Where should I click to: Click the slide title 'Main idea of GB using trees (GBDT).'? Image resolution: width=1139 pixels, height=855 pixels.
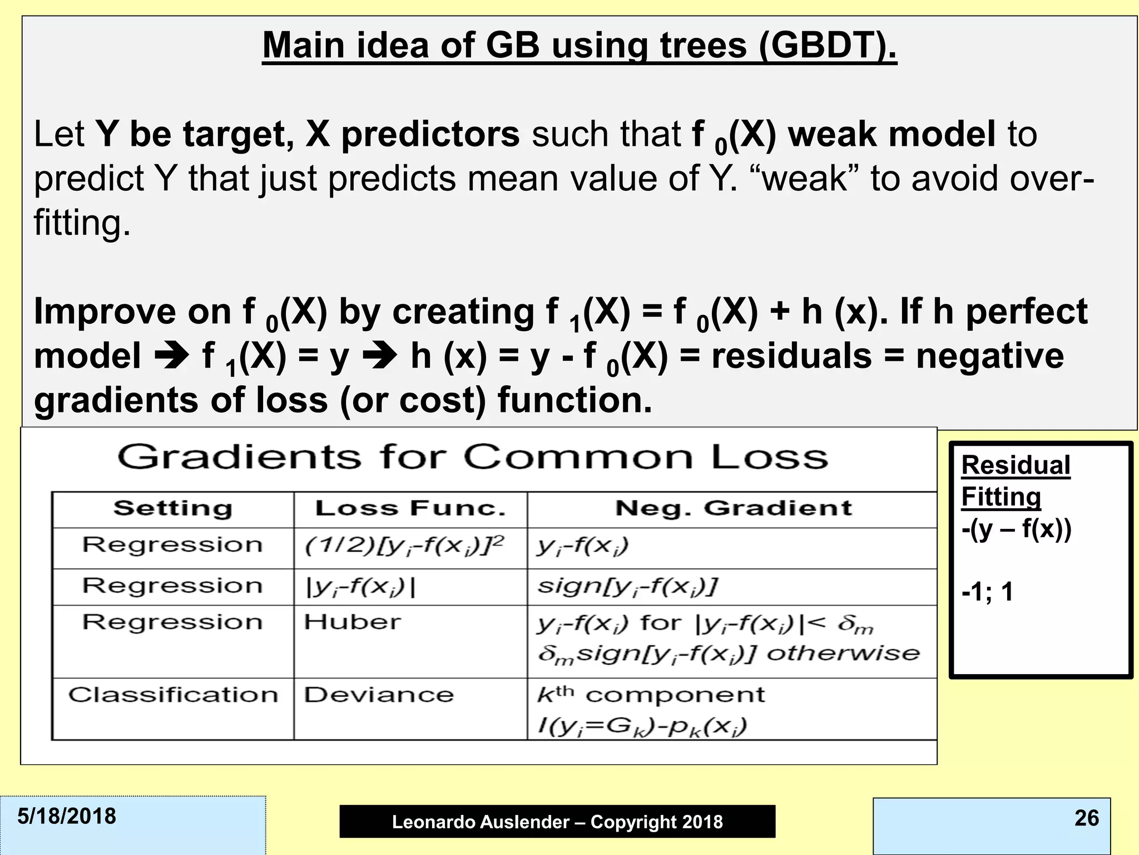pyautogui.click(x=579, y=46)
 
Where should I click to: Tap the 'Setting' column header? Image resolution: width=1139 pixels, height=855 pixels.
pyautogui.click(x=172, y=509)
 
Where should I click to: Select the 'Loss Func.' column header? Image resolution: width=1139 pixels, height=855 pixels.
pyautogui.click(x=410, y=509)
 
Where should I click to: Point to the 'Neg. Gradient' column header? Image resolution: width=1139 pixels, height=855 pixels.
pyautogui.click(x=733, y=508)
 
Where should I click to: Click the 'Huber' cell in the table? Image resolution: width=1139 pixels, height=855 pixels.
pyautogui.click(x=352, y=622)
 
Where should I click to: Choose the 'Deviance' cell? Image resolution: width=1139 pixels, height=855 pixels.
pyautogui.click(x=378, y=695)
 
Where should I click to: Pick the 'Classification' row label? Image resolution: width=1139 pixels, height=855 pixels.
pyautogui.click(x=173, y=695)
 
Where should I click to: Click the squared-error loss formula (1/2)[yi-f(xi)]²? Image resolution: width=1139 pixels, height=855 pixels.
pyautogui.click(x=404, y=546)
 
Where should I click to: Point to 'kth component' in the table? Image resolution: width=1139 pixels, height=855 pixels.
pyautogui.click(x=651, y=695)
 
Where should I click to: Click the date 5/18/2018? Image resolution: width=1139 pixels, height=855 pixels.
pyautogui.click(x=67, y=817)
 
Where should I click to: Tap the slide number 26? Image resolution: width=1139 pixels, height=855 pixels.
pyautogui.click(x=1087, y=818)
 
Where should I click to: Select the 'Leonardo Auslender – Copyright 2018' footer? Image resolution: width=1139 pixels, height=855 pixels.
pyautogui.click(x=557, y=822)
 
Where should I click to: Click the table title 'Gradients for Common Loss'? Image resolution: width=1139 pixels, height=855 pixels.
pyautogui.click(x=472, y=458)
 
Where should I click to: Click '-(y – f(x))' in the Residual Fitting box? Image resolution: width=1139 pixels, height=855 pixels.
pyautogui.click(x=1016, y=529)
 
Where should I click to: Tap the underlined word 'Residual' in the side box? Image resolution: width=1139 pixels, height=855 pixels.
pyautogui.click(x=1016, y=465)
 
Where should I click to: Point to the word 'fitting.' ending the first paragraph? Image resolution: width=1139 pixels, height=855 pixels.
pyautogui.click(x=82, y=223)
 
